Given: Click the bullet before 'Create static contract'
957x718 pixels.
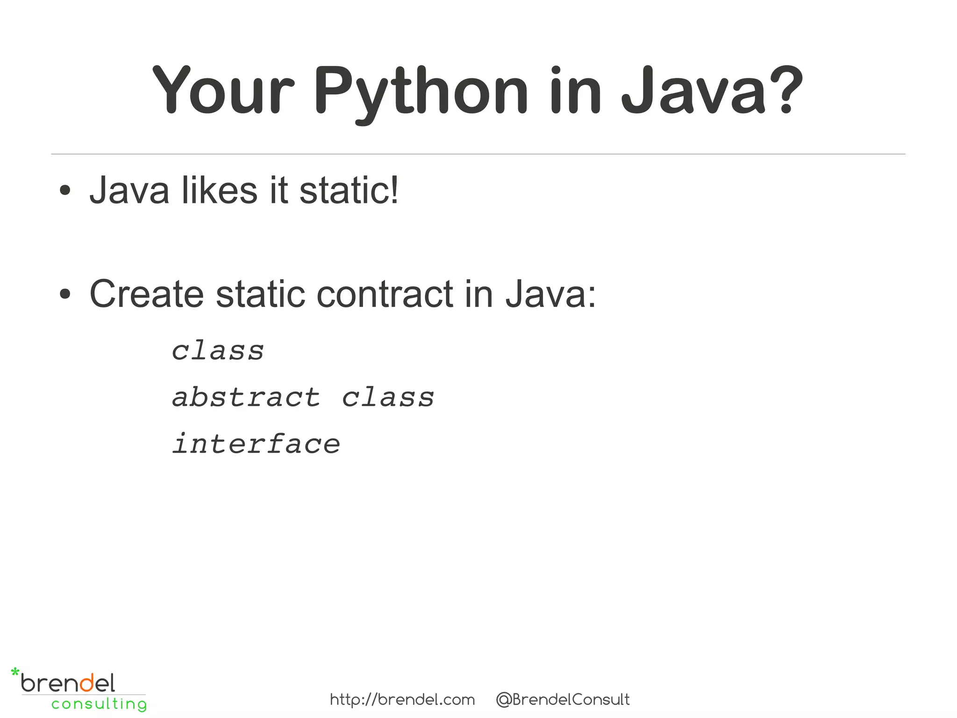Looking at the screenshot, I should pos(65,294).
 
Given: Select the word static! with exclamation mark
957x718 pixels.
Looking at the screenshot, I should pos(349,190).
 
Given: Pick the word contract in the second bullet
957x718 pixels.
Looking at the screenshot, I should pos(385,294).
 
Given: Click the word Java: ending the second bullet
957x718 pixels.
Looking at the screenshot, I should pos(550,294).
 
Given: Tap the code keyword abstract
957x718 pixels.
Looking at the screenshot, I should pos(246,398).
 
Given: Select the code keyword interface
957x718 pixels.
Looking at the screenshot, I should pos(256,444).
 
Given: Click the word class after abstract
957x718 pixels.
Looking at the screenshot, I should pos(388,398).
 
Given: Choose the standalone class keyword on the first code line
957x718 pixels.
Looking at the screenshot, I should pos(218,351).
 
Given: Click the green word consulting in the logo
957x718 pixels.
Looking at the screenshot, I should pos(99,704).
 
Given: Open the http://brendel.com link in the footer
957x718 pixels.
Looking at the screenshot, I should pos(402,700).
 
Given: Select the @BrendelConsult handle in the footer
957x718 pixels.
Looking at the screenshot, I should pos(563,700).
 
